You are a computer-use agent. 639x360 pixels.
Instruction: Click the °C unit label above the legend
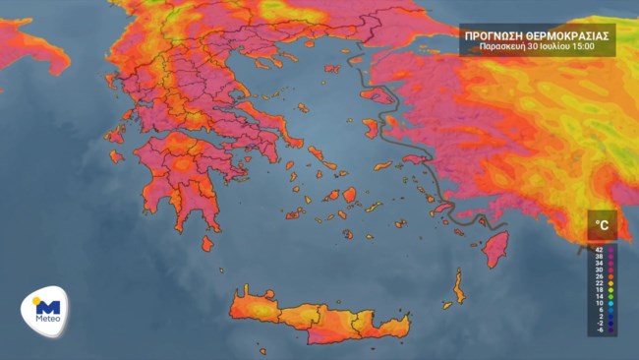click(x=601, y=225)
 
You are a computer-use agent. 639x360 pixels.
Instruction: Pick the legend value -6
click(x=599, y=330)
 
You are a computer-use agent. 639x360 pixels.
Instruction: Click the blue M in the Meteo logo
click(x=48, y=307)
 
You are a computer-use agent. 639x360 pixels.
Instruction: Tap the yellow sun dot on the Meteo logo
click(x=36, y=300)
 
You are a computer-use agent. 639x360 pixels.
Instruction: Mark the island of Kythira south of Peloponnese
click(x=207, y=243)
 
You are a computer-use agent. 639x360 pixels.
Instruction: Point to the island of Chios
click(x=371, y=128)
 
